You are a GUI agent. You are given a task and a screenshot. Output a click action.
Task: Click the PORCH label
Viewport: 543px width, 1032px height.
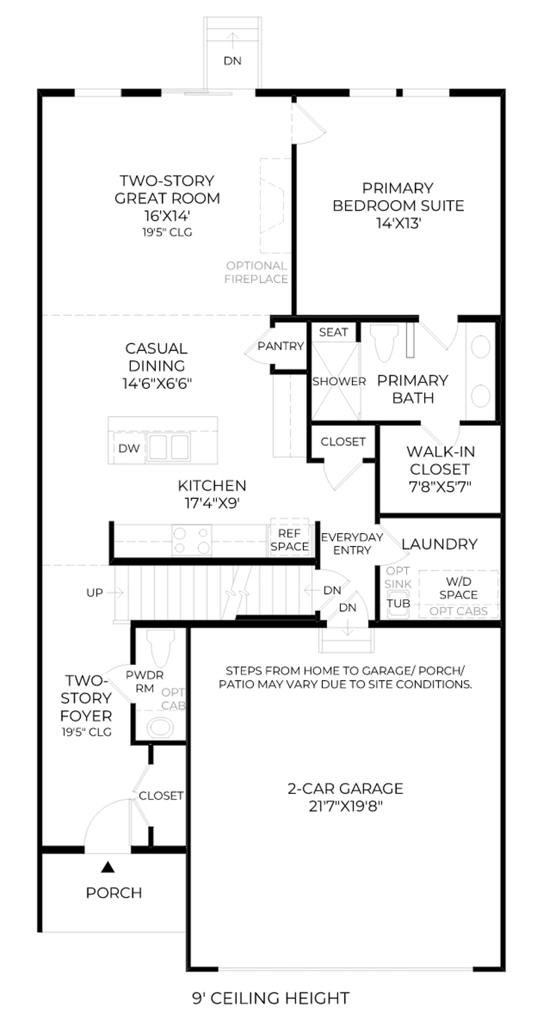tap(114, 893)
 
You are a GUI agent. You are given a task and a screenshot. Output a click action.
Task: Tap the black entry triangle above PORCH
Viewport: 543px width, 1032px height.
tap(108, 866)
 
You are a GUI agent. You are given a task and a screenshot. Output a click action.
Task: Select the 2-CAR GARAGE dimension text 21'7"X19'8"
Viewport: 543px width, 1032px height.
tap(346, 806)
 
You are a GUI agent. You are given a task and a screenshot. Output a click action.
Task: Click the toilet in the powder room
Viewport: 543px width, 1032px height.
tap(160, 648)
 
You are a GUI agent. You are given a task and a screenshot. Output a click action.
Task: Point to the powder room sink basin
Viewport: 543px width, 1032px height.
tap(160, 727)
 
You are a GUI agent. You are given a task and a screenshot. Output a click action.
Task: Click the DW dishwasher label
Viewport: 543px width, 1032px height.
tap(129, 448)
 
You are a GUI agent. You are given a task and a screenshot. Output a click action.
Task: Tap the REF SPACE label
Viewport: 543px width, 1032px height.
tap(290, 540)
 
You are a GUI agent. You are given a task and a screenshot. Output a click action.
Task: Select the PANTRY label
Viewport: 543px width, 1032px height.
tap(280, 346)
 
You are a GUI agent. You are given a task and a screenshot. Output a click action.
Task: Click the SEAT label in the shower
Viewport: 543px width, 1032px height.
tap(333, 332)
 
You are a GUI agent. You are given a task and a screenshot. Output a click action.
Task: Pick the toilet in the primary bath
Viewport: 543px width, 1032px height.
tap(384, 343)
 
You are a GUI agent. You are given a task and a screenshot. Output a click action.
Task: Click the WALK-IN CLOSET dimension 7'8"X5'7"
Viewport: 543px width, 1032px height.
tap(440, 487)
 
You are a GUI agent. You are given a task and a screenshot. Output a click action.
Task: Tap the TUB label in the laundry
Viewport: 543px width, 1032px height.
tap(398, 603)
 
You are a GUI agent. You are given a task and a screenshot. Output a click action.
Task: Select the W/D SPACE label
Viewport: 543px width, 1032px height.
tap(459, 588)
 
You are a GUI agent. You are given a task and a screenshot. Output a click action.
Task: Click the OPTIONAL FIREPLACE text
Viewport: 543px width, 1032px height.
tap(256, 272)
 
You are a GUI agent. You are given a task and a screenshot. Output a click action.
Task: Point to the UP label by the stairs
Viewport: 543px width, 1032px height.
tap(95, 593)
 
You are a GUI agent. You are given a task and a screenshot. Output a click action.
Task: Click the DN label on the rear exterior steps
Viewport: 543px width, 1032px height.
tap(233, 61)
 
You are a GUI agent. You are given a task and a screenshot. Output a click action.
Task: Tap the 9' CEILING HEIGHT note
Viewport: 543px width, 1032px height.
tap(271, 998)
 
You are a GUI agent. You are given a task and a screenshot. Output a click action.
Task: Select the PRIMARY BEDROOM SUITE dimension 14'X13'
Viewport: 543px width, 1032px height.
tap(399, 223)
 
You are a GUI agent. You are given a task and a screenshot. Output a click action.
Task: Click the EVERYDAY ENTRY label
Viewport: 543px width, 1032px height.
tap(352, 544)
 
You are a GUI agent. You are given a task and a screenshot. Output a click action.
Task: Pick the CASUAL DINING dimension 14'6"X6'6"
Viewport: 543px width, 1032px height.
tap(157, 383)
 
